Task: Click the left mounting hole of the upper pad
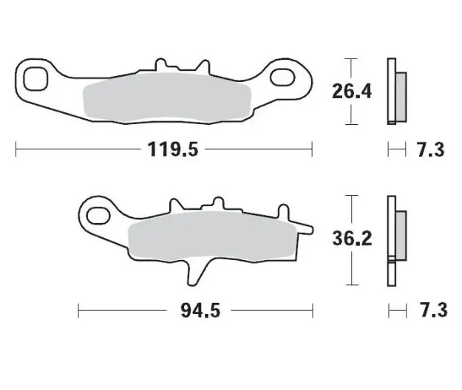[x=35, y=76]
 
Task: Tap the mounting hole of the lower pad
[x=98, y=216]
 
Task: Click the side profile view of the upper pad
[x=394, y=91]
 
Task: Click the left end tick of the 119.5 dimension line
[x=16, y=150]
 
